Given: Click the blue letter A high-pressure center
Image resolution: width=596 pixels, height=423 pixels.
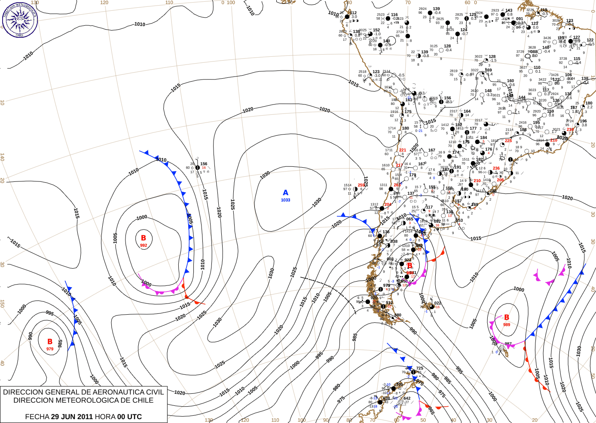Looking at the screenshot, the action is tap(285, 193).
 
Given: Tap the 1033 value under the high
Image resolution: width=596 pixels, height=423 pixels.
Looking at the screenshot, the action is tap(285, 200).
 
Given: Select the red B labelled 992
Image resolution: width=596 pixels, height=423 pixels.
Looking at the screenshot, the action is tap(144, 238).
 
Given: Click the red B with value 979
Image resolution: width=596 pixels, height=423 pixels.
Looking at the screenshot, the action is tap(50, 342).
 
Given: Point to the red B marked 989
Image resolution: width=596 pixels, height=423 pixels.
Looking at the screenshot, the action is tap(507, 317).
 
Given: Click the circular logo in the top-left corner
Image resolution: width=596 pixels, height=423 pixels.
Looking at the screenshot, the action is tap(20, 20).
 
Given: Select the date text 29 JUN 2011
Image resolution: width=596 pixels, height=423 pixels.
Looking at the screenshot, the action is tap(72, 417).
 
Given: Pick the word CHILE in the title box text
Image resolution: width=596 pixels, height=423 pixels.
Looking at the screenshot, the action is tap(143, 400).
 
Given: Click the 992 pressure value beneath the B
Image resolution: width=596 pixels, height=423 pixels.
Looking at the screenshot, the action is tap(144, 245).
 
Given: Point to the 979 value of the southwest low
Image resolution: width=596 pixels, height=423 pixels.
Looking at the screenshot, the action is tap(50, 349).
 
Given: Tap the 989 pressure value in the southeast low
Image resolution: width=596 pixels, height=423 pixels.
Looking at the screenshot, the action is tap(507, 325).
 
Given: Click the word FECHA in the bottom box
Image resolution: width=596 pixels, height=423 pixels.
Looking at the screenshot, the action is tap(37, 417).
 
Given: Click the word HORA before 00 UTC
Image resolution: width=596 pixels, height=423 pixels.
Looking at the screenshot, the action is tap(105, 417).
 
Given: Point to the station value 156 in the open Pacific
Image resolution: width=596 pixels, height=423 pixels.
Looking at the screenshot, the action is tap(204, 164).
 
